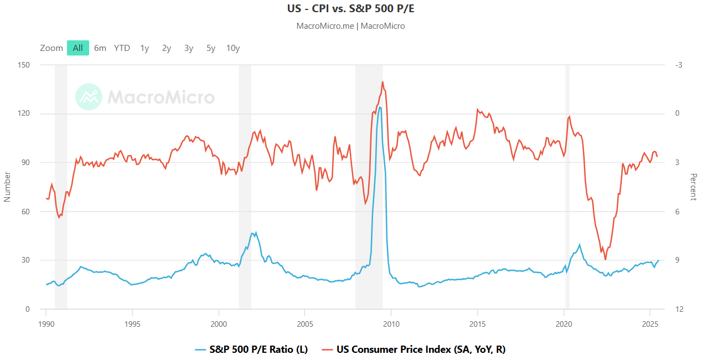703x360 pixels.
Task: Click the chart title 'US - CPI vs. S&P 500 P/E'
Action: tap(351, 9)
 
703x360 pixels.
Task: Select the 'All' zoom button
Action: tap(77, 48)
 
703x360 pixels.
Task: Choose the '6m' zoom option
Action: tap(100, 48)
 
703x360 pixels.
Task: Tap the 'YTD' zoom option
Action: tap(122, 48)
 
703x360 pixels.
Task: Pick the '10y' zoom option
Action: tap(233, 48)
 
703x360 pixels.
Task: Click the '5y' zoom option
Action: tap(211, 48)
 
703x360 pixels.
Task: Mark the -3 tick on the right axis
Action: tap(679, 65)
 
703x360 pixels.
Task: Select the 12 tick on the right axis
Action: tap(679, 309)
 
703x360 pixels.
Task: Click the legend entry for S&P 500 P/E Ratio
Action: tap(251, 349)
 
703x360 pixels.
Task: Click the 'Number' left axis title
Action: tap(8, 187)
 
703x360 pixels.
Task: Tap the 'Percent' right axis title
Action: tap(693, 187)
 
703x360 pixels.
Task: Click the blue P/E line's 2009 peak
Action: tap(380, 107)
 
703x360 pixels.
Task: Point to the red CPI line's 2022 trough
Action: tap(606, 259)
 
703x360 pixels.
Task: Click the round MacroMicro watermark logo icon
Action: tap(89, 97)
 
